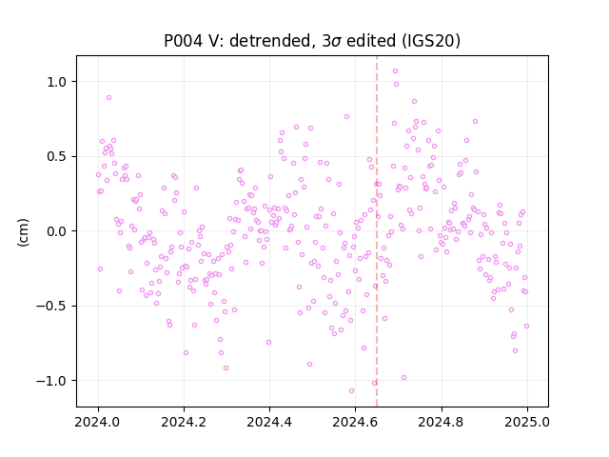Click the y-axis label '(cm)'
pos(23,232)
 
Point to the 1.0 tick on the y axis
pos(57,82)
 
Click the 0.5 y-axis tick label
pos(57,156)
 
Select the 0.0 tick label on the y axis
pos(57,231)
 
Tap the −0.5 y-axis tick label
pos(51,307)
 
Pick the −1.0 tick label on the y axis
pos(51,381)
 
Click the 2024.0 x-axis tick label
pos(98,422)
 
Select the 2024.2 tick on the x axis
pos(184,422)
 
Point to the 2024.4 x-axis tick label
pos(269,422)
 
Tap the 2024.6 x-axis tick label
pos(355,422)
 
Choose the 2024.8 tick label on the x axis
pos(442,422)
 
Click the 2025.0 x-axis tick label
pos(527,422)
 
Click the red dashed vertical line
pos(377,231)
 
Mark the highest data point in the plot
pos(395,71)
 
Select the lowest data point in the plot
pos(351,391)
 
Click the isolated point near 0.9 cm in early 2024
pos(108,97)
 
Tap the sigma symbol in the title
pos(338,42)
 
